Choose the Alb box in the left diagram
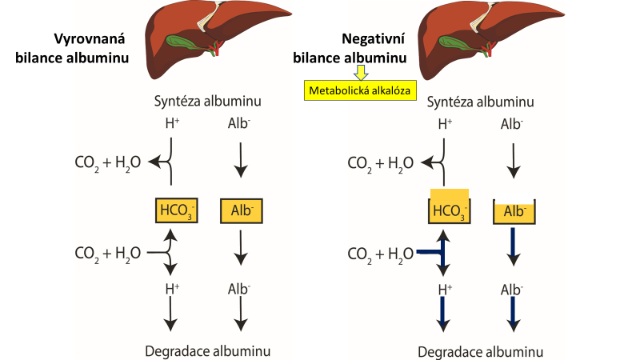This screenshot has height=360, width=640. pyautogui.click(x=240, y=210)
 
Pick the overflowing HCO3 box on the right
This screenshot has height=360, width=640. pyautogui.click(x=449, y=207)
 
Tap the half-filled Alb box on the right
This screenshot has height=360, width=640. pyautogui.click(x=514, y=212)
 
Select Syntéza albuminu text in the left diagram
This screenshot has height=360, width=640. pyautogui.click(x=208, y=102)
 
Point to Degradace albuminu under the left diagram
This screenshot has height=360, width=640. pyautogui.click(x=207, y=351)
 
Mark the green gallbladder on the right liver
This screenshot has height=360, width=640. pyautogui.click(x=467, y=40)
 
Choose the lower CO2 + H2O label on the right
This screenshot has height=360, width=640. pyautogui.click(x=381, y=254)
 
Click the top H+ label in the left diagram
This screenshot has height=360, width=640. pyautogui.click(x=171, y=124)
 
